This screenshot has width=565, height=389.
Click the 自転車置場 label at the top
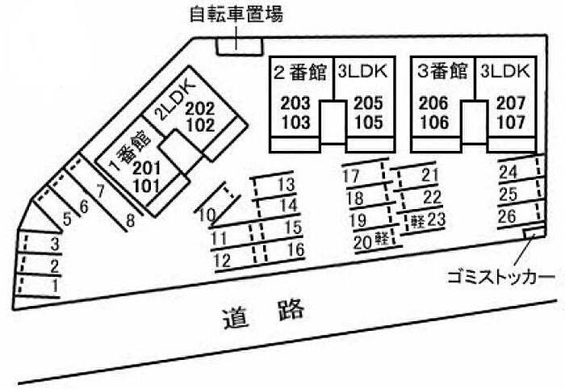(236, 14)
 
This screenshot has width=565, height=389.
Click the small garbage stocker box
(531, 235)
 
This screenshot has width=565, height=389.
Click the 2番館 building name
(299, 71)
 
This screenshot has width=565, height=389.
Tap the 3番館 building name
(443, 71)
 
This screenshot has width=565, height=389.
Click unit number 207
(510, 103)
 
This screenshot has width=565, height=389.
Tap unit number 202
(199, 109)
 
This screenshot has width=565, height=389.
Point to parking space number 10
(206, 215)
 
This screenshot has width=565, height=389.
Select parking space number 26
(508, 216)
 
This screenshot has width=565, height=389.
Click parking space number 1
(55, 286)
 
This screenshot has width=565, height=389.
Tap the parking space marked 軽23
(428, 219)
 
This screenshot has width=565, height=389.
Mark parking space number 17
(351, 177)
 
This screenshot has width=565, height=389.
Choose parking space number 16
(295, 249)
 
